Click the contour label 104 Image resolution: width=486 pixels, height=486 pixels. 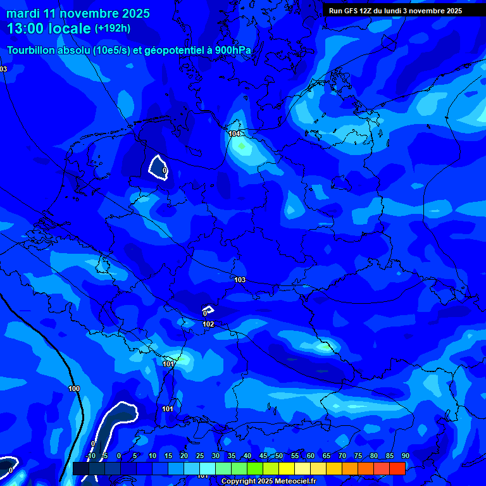(x=235, y=134)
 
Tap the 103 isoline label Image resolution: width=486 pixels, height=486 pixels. (x=240, y=280)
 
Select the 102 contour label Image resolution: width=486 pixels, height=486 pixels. (x=208, y=325)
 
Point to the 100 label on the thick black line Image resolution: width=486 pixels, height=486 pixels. (x=74, y=389)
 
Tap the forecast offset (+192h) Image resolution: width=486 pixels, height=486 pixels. (x=113, y=28)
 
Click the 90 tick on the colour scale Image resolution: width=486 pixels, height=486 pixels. (x=405, y=456)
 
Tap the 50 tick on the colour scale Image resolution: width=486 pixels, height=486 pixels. (x=278, y=456)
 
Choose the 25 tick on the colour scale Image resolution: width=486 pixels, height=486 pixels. (x=199, y=456)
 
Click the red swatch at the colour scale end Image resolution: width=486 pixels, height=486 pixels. (x=397, y=468)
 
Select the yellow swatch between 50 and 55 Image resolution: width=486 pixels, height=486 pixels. (x=287, y=468)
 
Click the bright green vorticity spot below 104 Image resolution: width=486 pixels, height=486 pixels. (x=240, y=147)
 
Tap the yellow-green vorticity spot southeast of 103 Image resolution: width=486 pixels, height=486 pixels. (x=326, y=346)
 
